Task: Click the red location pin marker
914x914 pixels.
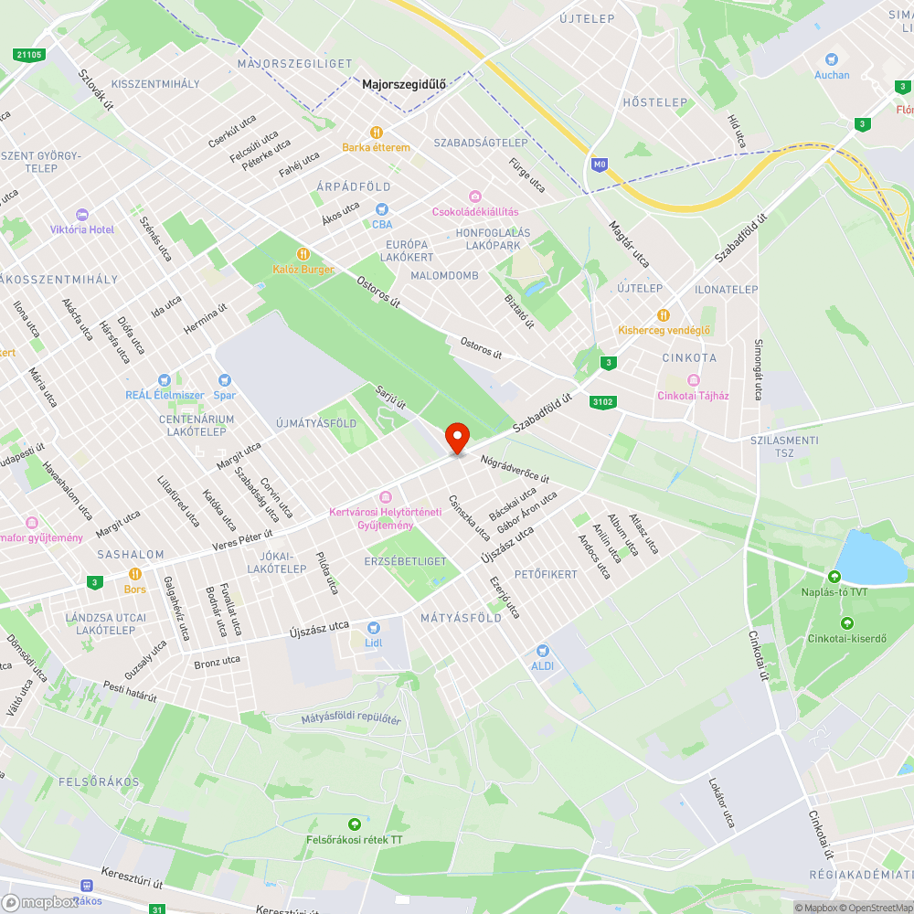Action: coord(457,437)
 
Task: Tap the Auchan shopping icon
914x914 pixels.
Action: coord(832,58)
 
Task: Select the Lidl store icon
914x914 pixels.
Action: coord(373,628)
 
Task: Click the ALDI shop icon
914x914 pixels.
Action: coord(543,651)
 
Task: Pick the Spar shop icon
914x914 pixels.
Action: coord(224,380)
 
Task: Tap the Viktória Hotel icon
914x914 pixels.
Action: coord(82,215)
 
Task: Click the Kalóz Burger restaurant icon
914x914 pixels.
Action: coord(303,254)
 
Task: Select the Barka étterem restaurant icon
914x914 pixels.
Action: coord(376,132)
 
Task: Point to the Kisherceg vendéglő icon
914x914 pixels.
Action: coord(664,314)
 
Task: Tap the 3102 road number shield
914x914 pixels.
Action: coord(602,401)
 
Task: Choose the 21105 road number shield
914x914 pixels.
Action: coord(29,55)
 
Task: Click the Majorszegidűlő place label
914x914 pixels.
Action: coord(403,85)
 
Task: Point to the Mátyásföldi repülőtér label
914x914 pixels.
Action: coord(351,719)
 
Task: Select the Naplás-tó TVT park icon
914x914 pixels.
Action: coord(834,577)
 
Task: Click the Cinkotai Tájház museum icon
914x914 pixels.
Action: coord(693,380)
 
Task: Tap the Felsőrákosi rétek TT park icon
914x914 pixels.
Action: coord(354,824)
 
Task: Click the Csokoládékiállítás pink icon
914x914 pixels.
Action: coord(475,197)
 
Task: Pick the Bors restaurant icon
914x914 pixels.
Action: coord(135,574)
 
